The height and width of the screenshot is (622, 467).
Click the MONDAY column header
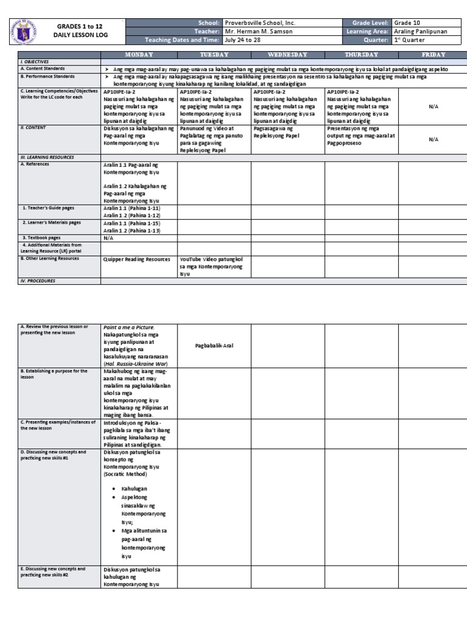pos(139,55)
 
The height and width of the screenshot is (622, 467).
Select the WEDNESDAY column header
pos(288,55)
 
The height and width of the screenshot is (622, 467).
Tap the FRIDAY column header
pos(433,55)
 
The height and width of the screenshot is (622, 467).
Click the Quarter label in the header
pos(375,40)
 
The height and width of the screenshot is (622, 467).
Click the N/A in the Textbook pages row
pos(109,238)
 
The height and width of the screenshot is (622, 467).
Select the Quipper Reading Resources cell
pos(137,259)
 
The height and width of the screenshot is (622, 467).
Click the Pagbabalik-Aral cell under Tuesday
pos(214,345)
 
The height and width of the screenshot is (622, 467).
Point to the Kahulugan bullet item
pos(134,488)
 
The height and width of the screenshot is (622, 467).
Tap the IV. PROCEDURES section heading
pos(38,281)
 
